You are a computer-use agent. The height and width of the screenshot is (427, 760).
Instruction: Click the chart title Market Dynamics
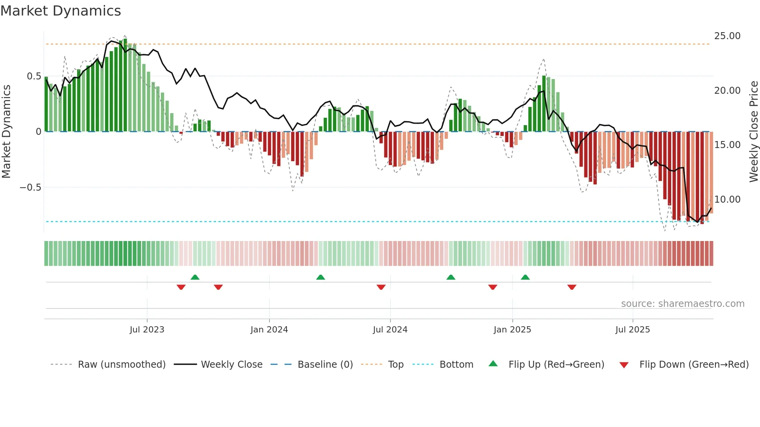click(x=60, y=11)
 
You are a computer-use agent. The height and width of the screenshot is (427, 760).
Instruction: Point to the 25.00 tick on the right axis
click(x=727, y=36)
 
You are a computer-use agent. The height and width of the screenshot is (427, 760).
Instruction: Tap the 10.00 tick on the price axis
click(x=727, y=200)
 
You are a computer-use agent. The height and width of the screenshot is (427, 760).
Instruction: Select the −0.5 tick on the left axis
click(x=31, y=188)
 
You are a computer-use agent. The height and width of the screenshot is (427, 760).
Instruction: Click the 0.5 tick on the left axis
click(x=34, y=76)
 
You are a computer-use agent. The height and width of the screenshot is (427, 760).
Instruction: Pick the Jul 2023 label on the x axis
click(x=147, y=330)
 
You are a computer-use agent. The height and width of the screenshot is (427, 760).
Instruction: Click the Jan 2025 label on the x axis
click(x=512, y=330)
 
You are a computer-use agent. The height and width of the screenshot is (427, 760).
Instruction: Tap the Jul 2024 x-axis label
click(x=390, y=330)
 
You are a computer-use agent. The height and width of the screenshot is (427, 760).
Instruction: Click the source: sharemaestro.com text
click(x=682, y=304)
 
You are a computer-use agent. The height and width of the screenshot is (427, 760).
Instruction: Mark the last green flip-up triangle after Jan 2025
click(x=525, y=277)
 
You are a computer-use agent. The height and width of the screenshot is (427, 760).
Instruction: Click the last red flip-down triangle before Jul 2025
click(x=572, y=287)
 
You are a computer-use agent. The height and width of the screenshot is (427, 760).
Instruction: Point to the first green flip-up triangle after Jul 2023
click(x=195, y=277)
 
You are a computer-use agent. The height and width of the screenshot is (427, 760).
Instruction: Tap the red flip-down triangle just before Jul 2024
click(x=381, y=287)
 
